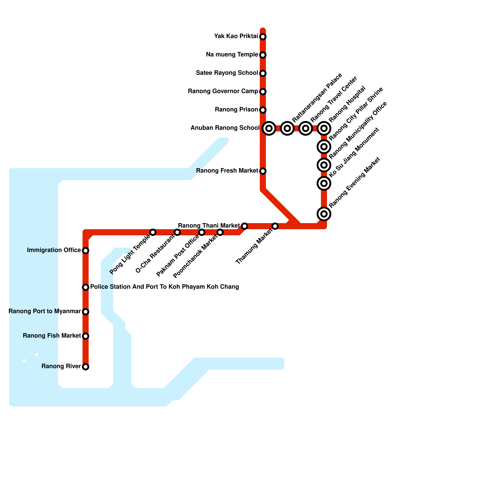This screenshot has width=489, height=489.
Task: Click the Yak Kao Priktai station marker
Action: click(263, 37)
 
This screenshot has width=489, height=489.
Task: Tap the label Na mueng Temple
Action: click(232, 55)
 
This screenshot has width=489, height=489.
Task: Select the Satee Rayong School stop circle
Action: click(263, 73)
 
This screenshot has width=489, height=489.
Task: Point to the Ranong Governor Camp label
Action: click(223, 91)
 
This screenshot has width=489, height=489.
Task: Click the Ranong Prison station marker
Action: click(263, 110)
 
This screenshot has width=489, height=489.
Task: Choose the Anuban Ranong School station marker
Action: click(269, 128)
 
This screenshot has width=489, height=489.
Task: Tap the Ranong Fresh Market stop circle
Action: click(263, 171)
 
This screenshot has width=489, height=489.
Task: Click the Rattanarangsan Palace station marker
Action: click(287, 128)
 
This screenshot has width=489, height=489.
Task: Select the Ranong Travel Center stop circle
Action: click(306, 128)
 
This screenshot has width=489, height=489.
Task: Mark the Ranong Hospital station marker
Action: click(324, 128)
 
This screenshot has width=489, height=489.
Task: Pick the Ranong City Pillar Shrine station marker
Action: click(324, 147)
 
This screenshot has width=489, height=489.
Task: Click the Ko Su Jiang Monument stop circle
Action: click(324, 183)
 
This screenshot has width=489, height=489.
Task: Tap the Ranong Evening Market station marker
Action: click(324, 214)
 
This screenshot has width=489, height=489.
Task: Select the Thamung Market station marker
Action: click(275, 226)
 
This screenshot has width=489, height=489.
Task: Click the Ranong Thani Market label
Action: click(209, 226)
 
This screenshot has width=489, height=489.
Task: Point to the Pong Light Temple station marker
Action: click(153, 232)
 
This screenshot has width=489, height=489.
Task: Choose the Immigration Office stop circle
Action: click(86, 251)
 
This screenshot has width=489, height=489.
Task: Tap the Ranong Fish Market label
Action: click(52, 336)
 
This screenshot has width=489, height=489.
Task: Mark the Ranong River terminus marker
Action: click(86, 367)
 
